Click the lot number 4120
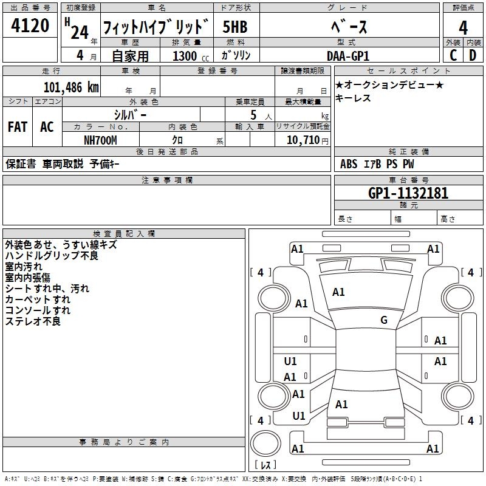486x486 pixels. click(x=30, y=26)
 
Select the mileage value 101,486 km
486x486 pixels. click(x=71, y=87)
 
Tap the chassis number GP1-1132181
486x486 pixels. click(x=408, y=193)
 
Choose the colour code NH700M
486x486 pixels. click(x=100, y=140)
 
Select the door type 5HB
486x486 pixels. click(x=234, y=27)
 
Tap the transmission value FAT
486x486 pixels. click(x=18, y=127)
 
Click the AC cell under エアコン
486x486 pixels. click(x=47, y=127)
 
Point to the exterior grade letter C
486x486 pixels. click(x=453, y=55)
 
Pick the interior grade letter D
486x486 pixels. click(x=473, y=55)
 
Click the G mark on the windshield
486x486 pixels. click(x=384, y=320)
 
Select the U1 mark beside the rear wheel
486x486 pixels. click(x=299, y=416)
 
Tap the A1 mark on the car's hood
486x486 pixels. click(x=338, y=292)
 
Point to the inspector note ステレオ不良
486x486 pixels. click(x=33, y=321)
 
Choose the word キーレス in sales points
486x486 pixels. click(x=353, y=98)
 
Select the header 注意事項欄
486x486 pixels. click(x=166, y=180)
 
